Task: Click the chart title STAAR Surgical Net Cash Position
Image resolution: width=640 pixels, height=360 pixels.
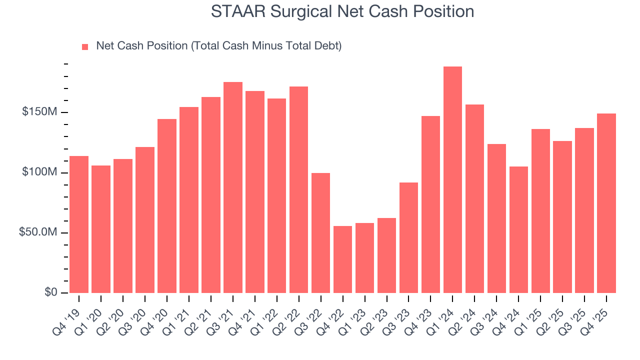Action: pyautogui.click(x=342, y=11)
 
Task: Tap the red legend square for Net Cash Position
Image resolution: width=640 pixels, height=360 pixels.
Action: pyautogui.click(x=85, y=46)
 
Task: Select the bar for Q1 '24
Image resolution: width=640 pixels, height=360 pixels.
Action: pyautogui.click(x=452, y=180)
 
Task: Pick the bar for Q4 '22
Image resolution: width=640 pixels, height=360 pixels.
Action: pyautogui.click(x=342, y=259)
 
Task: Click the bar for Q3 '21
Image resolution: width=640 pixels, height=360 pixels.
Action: pyautogui.click(x=233, y=187)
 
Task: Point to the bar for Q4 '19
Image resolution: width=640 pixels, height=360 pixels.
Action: pyautogui.click(x=79, y=224)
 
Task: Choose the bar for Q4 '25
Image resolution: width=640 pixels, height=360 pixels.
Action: pyautogui.click(x=606, y=203)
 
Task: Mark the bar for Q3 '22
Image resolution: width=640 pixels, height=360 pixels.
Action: pyautogui.click(x=320, y=233)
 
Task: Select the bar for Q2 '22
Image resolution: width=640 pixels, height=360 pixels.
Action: pyautogui.click(x=298, y=190)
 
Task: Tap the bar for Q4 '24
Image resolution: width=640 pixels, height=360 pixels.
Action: pyautogui.click(x=518, y=230)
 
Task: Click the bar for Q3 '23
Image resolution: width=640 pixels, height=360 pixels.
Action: pyautogui.click(x=408, y=238)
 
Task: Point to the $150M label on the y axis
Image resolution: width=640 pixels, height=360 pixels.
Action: pyautogui.click(x=39, y=112)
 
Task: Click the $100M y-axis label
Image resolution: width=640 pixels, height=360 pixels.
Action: pyautogui.click(x=39, y=172)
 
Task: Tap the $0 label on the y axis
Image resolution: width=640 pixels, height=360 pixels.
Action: pyautogui.click(x=51, y=292)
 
